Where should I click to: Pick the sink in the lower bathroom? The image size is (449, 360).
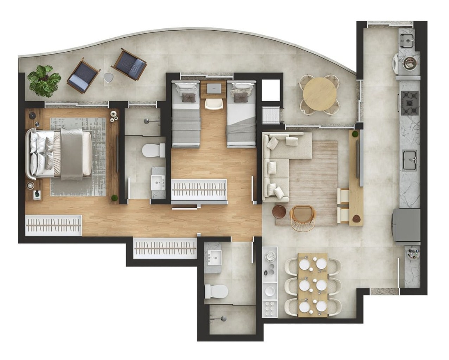pyautogui.click(x=213, y=258)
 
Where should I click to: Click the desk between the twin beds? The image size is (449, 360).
pyautogui.click(x=213, y=89)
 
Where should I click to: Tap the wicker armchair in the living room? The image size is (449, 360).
pyautogui.click(x=303, y=217)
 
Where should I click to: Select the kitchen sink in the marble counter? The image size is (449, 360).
pyautogui.click(x=410, y=160)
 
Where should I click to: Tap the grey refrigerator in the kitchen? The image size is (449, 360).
pyautogui.click(x=407, y=224)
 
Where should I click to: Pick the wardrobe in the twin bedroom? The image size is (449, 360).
pyautogui.click(x=199, y=190)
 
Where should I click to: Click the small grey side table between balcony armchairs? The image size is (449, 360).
pyautogui.click(x=109, y=77)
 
